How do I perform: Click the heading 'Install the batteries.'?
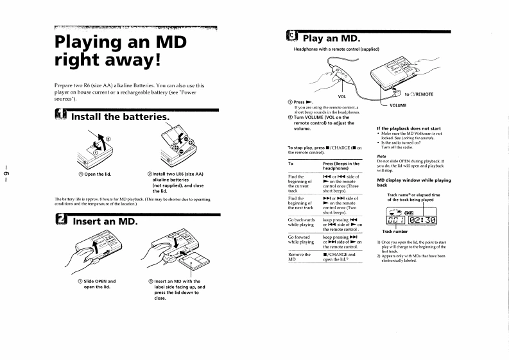(120, 117)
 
